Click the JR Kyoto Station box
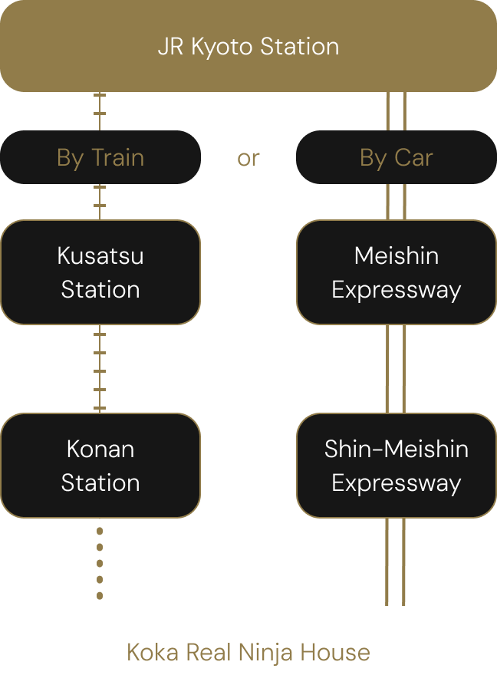click(248, 46)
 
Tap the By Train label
click(100, 157)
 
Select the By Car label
click(396, 157)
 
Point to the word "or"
click(248, 158)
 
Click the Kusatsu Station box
click(100, 272)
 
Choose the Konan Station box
click(100, 466)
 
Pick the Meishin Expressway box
click(396, 272)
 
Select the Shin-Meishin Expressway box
click(396, 466)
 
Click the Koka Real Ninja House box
click(248, 652)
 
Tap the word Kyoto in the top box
click(222, 47)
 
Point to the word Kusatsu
click(100, 255)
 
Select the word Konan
click(100, 449)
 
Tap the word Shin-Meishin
click(396, 449)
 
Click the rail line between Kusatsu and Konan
click(100, 369)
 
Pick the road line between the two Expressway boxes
click(396, 369)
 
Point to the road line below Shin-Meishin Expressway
click(396, 561)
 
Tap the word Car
click(413, 157)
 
